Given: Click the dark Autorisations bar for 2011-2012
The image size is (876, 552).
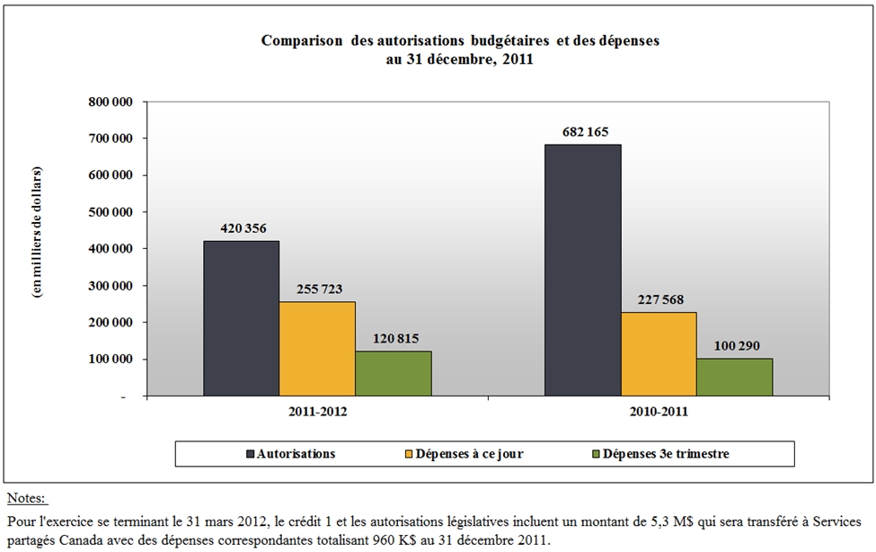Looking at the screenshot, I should pos(241,318).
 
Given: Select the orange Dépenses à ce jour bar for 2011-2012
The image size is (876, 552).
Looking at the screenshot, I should pos(316,349).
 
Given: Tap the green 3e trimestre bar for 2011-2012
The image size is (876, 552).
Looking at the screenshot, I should pos(393,373).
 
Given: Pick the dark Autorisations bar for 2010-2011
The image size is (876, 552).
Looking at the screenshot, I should pos(582,270).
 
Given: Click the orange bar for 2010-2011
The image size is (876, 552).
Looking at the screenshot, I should pos(658,353).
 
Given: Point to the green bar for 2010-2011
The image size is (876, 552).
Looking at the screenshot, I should pos(734,378).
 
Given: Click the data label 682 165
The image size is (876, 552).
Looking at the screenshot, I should pos(582,131).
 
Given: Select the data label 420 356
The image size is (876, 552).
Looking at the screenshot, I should pos(241,228).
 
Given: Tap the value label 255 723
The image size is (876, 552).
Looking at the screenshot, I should pos(316,289).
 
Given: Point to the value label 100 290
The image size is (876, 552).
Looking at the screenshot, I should pos(734,345).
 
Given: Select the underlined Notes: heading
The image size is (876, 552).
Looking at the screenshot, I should pos(26,497).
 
